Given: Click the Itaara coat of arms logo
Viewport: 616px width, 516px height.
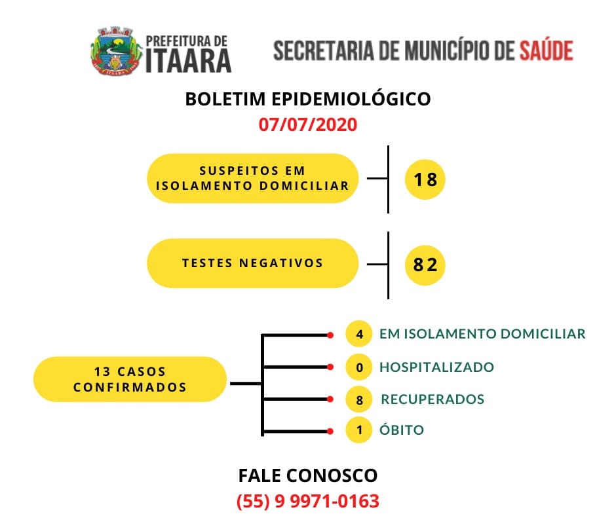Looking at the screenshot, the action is pos(116,51).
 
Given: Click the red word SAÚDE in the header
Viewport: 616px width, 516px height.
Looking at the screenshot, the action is pos(547,50).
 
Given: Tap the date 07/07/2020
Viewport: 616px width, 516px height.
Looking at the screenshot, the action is pos(307,124).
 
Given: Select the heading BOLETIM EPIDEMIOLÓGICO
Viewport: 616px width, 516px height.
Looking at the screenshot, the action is pos(307,99).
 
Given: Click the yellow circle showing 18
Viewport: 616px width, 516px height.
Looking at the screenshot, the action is pos(425,179).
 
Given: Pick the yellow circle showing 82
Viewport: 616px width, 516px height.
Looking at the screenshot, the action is pos(425,265).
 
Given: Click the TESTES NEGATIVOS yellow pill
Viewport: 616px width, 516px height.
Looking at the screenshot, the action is pos(252,263).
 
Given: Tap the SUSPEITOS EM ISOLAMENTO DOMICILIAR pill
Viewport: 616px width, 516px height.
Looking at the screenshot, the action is pos(252,178).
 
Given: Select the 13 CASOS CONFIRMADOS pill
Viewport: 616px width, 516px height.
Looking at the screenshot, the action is pos(130,379).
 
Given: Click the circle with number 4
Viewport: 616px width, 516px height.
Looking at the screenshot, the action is pos(359,334).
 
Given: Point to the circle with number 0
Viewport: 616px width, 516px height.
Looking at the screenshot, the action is pos(359,367).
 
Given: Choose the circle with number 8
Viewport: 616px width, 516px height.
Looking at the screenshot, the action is pos(359,399).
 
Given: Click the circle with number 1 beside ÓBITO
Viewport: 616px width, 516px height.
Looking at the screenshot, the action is pos(359,430).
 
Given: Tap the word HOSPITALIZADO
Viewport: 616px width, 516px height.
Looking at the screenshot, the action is pos(436,367).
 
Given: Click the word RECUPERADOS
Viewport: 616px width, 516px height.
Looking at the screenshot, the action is pos(433,399).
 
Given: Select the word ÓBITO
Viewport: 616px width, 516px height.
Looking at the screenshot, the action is pos(402,429).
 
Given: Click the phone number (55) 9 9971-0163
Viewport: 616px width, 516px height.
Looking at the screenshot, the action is pos(307,501).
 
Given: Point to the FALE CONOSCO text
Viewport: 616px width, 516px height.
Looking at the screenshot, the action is pos(307,475).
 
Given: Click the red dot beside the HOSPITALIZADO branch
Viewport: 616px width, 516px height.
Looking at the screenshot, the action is pos(330,367).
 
